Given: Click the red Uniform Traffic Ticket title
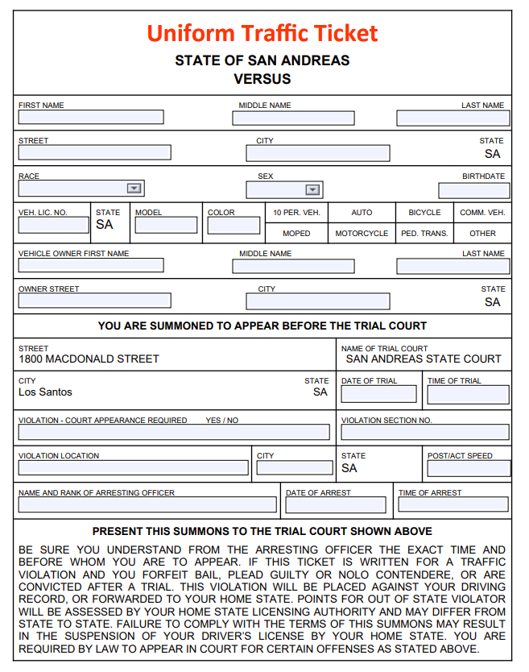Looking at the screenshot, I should [262, 33].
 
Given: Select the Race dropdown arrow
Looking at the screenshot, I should [134, 189].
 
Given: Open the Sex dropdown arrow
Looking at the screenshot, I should [312, 190].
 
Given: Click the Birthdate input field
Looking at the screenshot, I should [473, 191].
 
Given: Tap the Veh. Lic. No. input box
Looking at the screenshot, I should [53, 225].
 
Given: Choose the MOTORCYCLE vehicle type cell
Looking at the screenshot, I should [362, 234].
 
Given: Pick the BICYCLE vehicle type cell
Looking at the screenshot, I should [424, 213].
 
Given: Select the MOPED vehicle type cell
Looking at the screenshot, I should [296, 234].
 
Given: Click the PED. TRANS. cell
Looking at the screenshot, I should [424, 234].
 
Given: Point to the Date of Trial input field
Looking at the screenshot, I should [378, 394].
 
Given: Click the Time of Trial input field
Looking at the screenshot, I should [468, 394].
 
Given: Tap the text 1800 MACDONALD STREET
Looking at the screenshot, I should [89, 359].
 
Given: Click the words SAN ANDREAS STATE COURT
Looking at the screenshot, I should [424, 359].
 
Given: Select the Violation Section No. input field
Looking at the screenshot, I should [425, 433].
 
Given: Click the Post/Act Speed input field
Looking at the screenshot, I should [468, 467].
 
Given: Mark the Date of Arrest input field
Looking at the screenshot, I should [338, 505].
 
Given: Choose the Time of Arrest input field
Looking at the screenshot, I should [453, 505].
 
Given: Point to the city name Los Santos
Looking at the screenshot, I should [45, 392].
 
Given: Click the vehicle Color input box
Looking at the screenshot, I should [234, 225].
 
